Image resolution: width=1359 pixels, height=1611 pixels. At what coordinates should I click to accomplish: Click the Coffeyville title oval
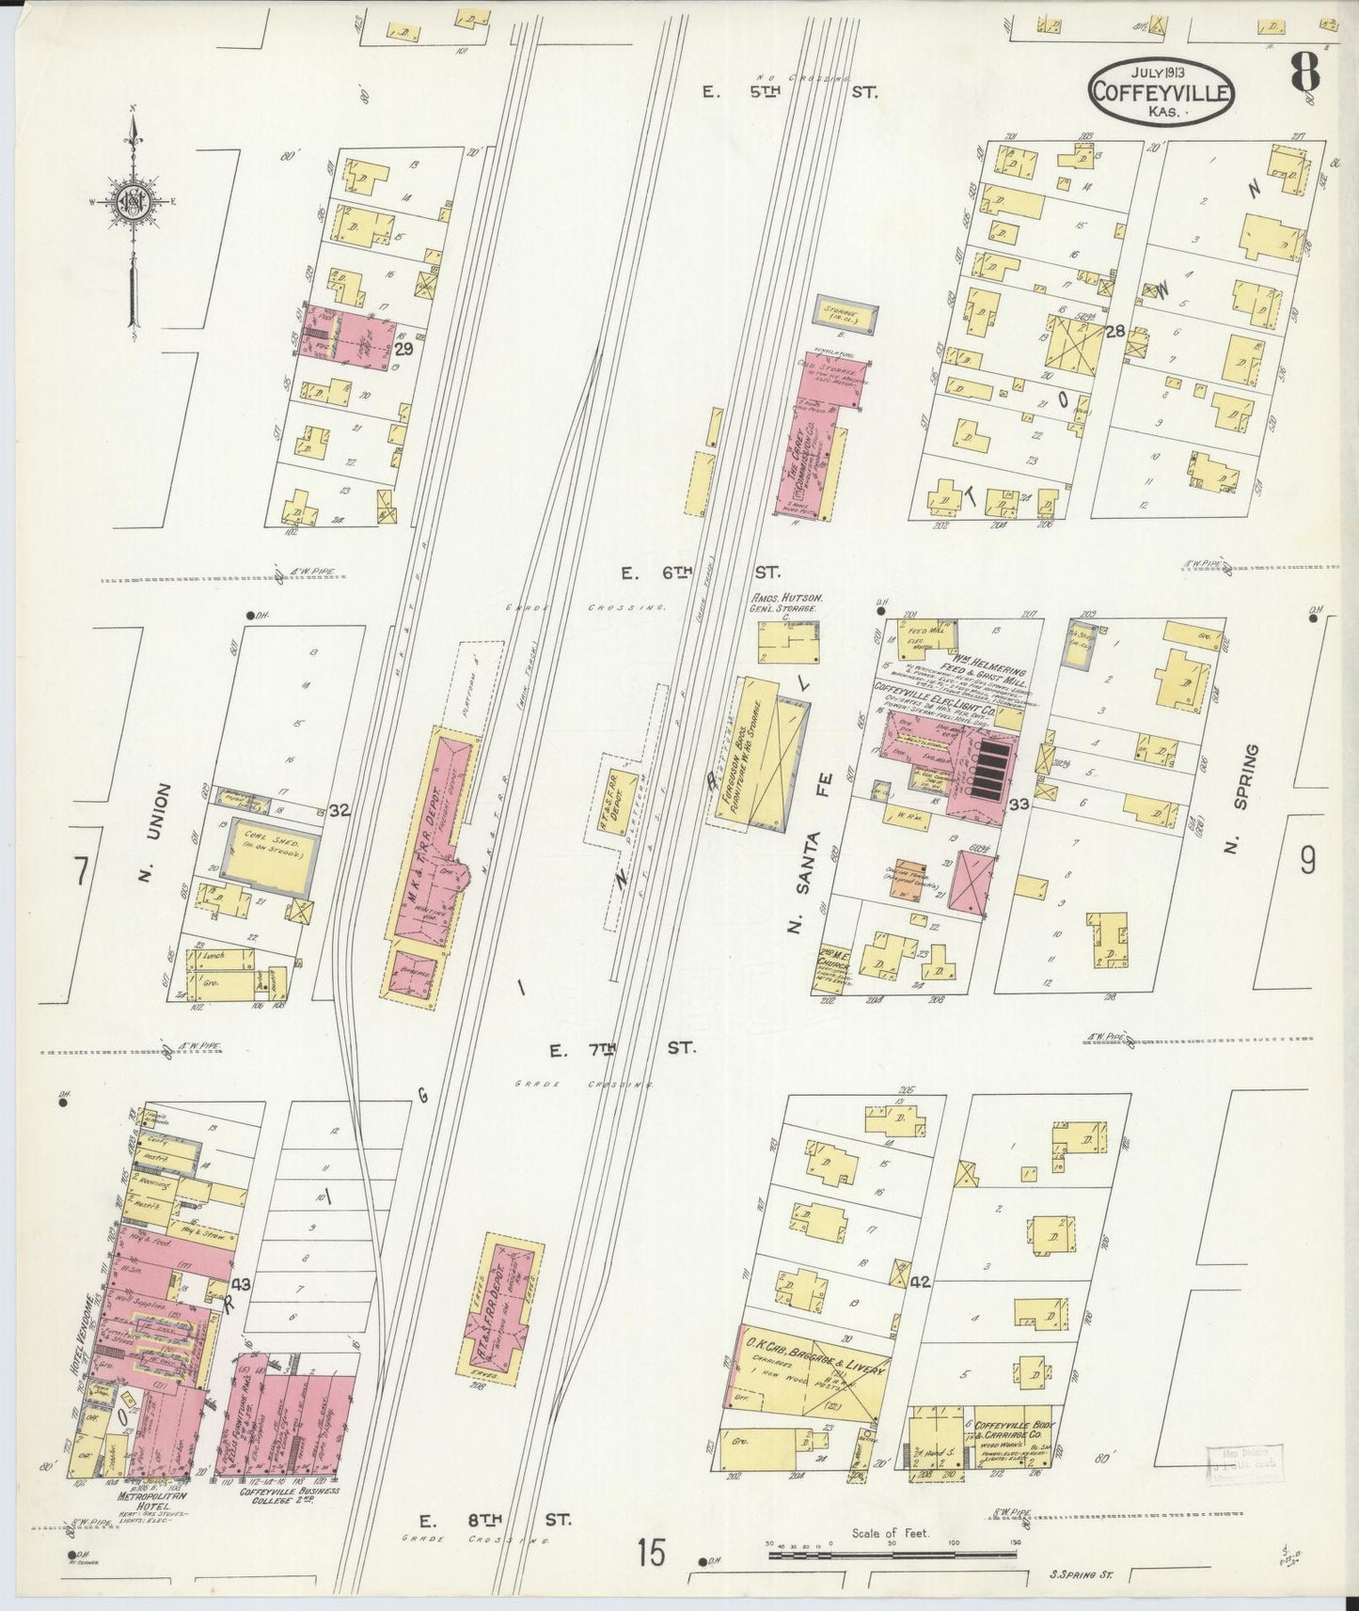(x=1162, y=91)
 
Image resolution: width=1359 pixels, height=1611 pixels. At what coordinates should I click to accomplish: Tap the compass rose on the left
(x=133, y=202)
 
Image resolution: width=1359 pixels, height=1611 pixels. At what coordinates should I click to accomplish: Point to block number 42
(x=919, y=1281)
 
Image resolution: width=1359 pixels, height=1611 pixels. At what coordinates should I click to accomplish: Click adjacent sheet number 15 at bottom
(x=649, y=1552)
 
